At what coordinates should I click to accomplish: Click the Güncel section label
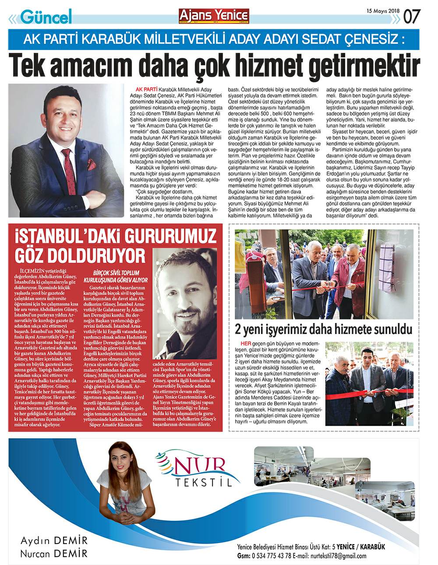tap(46, 17)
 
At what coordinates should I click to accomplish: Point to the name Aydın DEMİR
tap(54, 540)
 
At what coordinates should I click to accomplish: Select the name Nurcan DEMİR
tap(54, 553)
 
